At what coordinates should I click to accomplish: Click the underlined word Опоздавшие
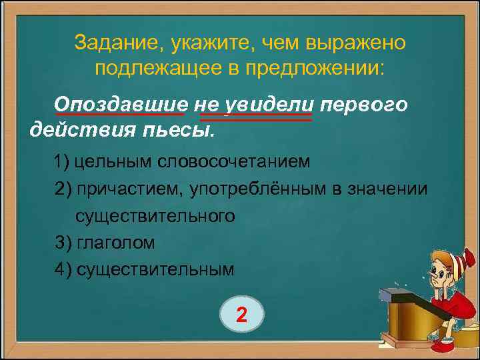click(121, 105)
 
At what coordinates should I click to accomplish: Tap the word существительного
click(155, 215)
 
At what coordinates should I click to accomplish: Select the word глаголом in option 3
click(116, 243)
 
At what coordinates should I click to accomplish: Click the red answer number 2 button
click(242, 314)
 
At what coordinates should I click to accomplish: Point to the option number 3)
click(64, 243)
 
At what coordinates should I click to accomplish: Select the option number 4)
click(64, 269)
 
